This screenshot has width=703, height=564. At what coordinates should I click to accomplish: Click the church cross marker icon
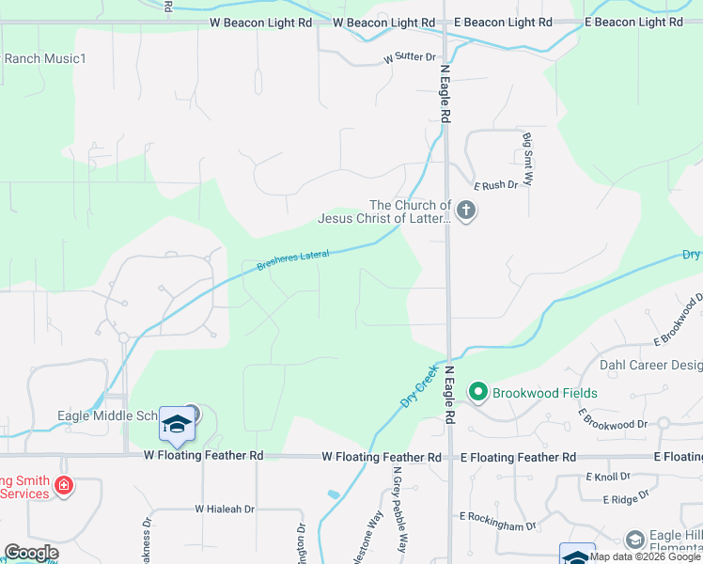466,211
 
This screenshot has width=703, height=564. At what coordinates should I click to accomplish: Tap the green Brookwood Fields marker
477,391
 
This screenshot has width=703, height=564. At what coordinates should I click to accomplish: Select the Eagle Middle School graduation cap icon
177,425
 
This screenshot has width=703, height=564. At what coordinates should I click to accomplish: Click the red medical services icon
64,486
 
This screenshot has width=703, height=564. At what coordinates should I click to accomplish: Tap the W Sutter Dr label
410,58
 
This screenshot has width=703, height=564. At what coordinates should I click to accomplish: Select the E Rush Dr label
496,185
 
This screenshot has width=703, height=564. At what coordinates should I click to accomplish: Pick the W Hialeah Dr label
225,509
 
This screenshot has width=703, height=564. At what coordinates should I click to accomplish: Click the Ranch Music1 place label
45,58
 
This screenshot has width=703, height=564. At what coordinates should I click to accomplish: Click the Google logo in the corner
31,553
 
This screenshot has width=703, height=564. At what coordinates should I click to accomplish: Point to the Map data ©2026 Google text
645,556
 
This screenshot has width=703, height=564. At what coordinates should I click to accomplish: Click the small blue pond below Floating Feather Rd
334,493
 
